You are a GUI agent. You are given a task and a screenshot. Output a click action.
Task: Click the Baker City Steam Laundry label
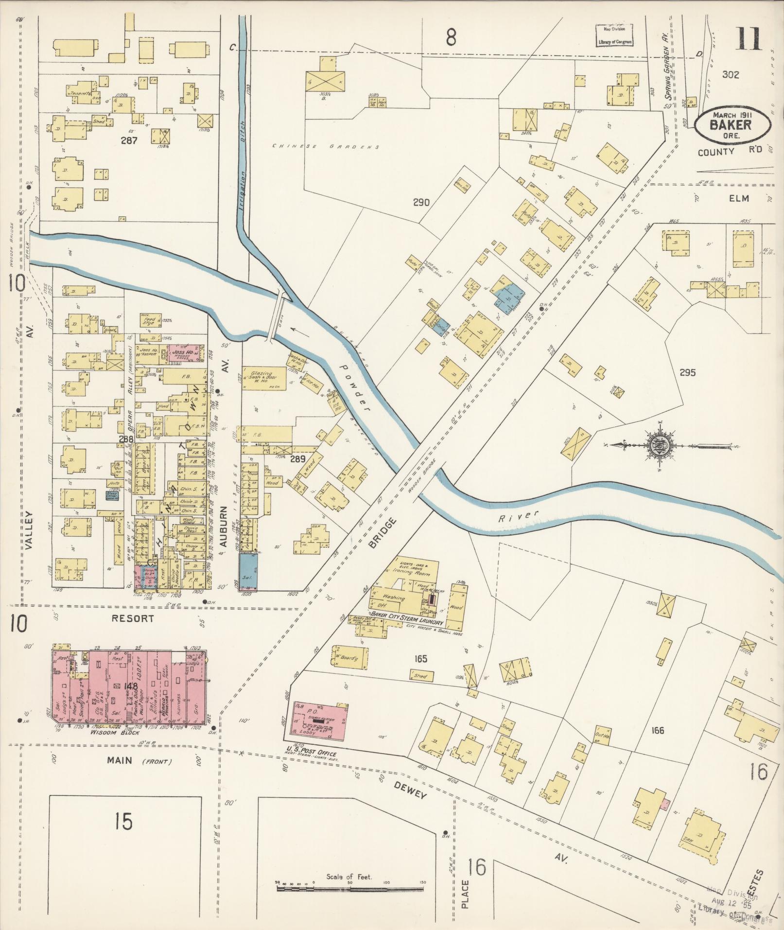coord(406,622)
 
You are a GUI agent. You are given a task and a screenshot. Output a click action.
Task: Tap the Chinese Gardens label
coord(326,146)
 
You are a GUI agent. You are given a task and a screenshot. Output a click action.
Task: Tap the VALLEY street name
coord(29,530)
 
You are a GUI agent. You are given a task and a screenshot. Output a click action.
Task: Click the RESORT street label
coord(132,618)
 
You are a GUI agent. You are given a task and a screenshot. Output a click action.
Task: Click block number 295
coord(687,373)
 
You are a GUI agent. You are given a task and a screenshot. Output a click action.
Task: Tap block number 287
coord(129,141)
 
